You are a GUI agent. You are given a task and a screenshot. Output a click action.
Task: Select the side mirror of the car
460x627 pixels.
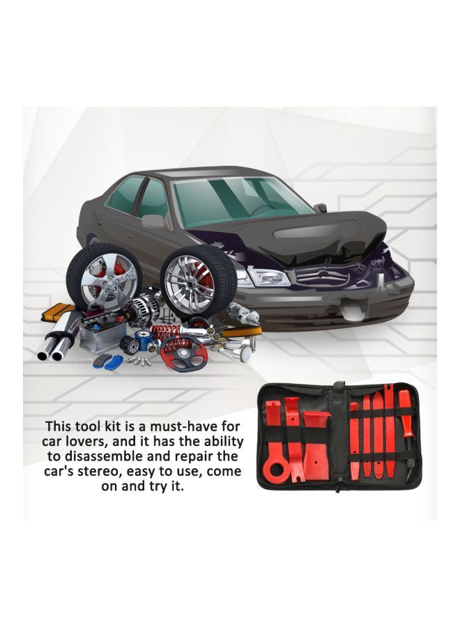(x=153, y=221)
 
